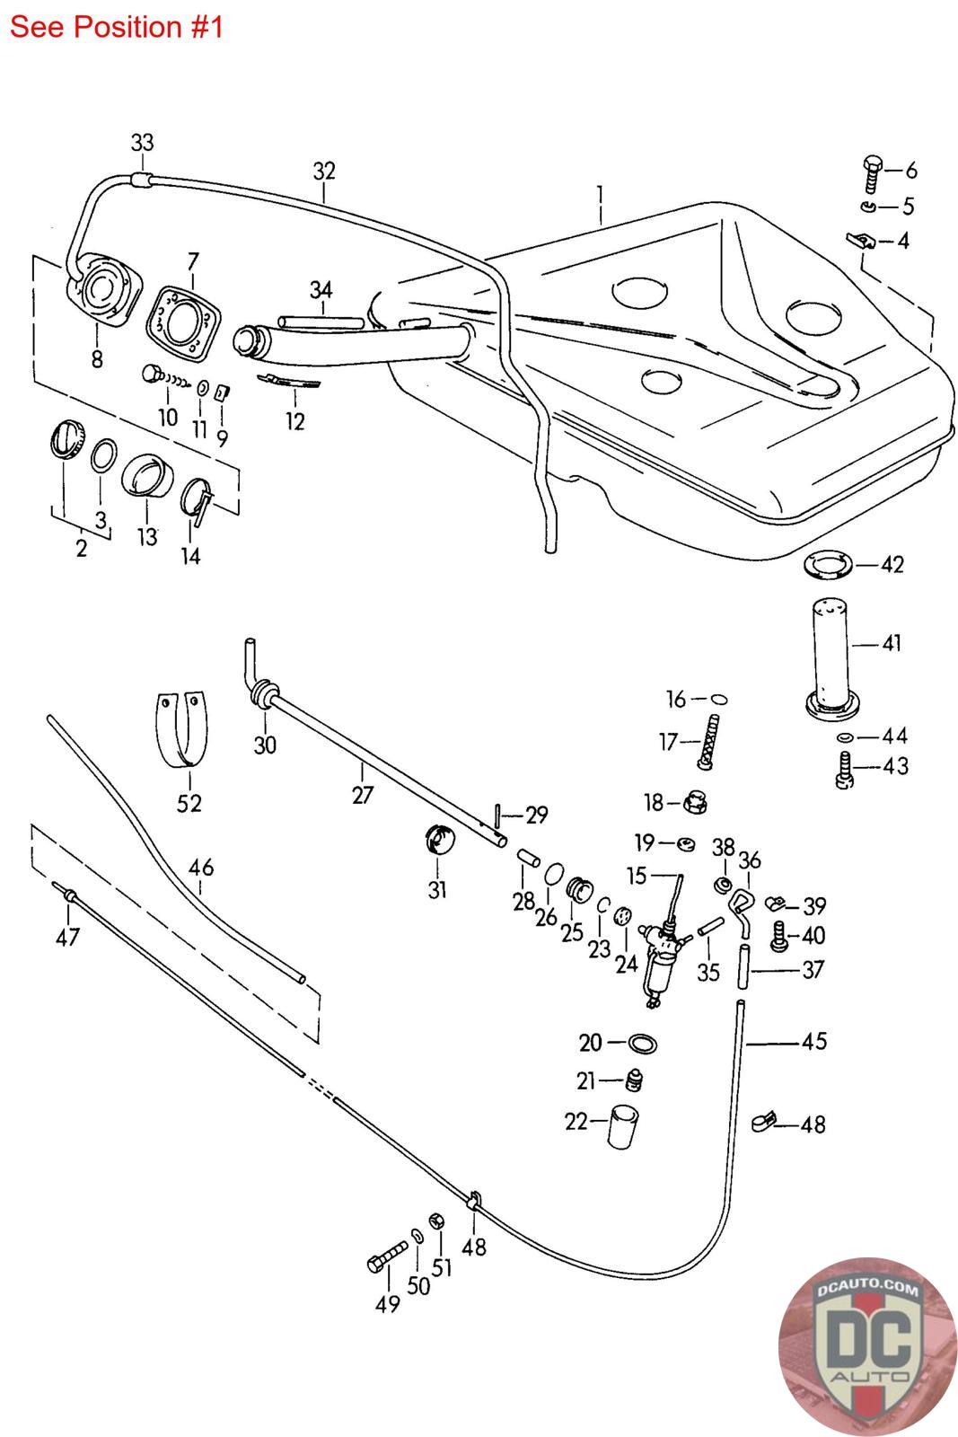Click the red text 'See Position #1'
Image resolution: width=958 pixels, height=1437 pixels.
pos(116,27)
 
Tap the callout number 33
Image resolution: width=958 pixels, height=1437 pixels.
pos(142,142)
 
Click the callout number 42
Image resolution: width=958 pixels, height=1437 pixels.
pos(892,564)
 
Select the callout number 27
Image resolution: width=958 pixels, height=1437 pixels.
pos(362,795)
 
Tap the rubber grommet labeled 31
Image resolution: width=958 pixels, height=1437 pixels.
pos(438,842)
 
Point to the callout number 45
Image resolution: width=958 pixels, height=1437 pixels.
pos(813,1041)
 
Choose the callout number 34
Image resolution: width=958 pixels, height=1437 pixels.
pos(321,289)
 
